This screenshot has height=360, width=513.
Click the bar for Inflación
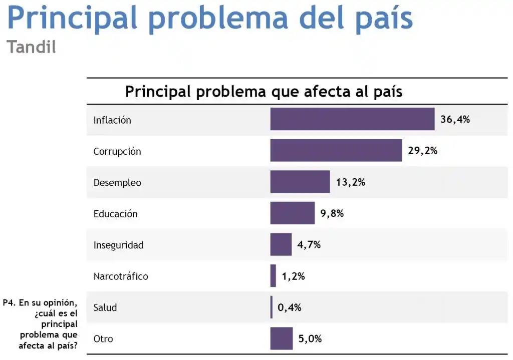coord(352,119)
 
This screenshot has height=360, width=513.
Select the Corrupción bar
coord(336,150)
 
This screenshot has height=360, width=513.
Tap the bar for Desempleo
coord(300,182)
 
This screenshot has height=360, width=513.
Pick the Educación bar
coord(293,213)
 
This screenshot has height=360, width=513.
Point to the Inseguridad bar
coord(281,244)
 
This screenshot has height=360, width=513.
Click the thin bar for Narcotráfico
coord(273,276)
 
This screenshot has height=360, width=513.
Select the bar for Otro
coord(282,338)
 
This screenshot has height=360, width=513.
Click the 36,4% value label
coord(455,120)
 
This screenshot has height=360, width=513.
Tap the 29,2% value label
coord(422,151)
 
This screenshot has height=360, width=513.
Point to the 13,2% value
coord(350,182)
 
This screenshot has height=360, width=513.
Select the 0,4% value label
coord(289,307)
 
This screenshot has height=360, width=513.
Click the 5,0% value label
coord(310,339)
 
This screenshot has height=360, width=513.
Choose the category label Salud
coord(105,307)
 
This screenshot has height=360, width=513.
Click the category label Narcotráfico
coord(121,276)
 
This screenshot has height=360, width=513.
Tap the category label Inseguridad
coord(118,245)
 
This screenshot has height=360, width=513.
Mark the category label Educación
coord(115,214)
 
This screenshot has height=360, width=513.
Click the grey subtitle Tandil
coord(31,47)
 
